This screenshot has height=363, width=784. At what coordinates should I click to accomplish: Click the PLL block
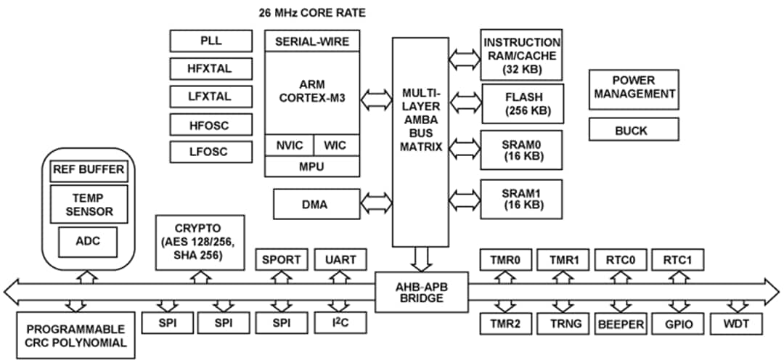(x=211, y=41)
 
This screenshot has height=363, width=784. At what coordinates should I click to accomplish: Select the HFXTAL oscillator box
(x=211, y=68)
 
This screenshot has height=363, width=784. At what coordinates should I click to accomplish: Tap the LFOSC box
(x=211, y=152)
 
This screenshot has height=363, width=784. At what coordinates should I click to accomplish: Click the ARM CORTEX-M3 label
(x=312, y=92)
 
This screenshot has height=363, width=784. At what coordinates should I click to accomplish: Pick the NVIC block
(x=290, y=144)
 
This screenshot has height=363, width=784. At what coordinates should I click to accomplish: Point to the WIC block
(x=336, y=144)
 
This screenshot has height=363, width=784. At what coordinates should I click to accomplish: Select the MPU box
(x=312, y=166)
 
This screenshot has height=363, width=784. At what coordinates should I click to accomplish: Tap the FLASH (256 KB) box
(x=521, y=103)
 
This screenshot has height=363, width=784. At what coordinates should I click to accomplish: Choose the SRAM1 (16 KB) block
(x=521, y=198)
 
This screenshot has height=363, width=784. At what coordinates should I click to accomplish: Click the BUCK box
(x=634, y=131)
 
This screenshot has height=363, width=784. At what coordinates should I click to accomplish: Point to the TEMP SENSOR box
(x=89, y=204)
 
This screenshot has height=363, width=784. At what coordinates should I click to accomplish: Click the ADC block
(x=89, y=240)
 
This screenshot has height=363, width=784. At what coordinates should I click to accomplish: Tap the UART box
(x=340, y=259)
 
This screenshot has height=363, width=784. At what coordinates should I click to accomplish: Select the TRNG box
(x=565, y=324)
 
